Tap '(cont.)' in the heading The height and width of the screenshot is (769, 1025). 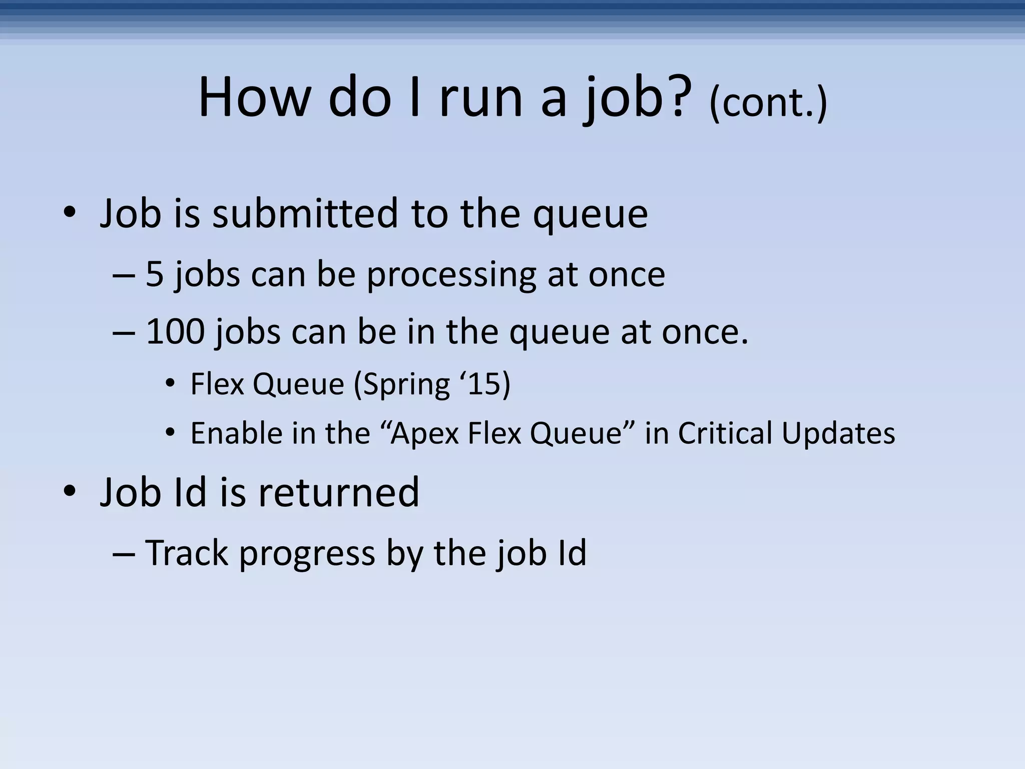click(768, 103)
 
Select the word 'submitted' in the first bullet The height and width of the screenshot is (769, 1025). click(305, 214)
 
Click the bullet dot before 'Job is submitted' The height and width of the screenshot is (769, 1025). click(70, 214)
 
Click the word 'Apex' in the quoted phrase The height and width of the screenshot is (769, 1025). click(424, 434)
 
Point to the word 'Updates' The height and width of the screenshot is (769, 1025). click(838, 434)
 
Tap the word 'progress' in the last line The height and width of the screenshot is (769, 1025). click(307, 555)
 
